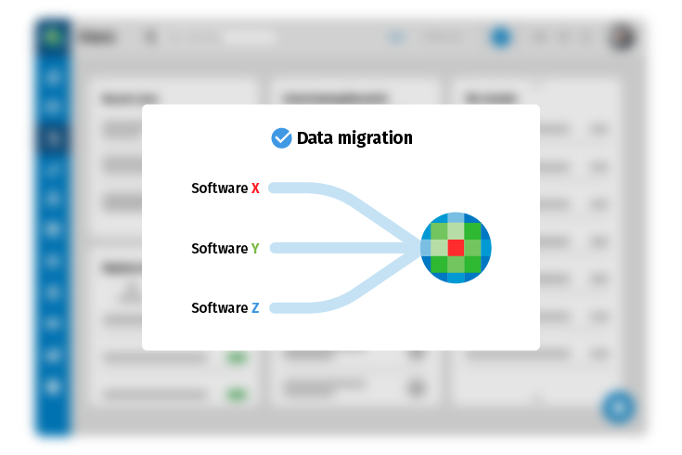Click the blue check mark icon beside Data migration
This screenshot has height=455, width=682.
click(281, 138)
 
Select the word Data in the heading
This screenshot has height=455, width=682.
click(314, 138)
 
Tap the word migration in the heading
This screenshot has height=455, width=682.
click(374, 139)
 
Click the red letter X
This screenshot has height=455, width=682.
click(256, 188)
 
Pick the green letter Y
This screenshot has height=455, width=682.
click(255, 249)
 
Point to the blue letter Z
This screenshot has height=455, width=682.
click(255, 308)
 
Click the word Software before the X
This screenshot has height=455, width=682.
click(219, 188)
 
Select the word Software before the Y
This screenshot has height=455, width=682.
click(219, 249)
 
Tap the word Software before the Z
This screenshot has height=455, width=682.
click(219, 308)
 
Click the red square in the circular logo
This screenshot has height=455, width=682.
click(456, 248)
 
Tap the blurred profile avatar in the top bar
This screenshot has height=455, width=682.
click(621, 37)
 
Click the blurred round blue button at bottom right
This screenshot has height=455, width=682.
click(617, 407)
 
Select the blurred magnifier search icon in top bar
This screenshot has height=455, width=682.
click(150, 37)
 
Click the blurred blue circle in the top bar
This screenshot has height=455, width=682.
click(501, 37)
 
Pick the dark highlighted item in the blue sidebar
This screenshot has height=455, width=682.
click(50, 139)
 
